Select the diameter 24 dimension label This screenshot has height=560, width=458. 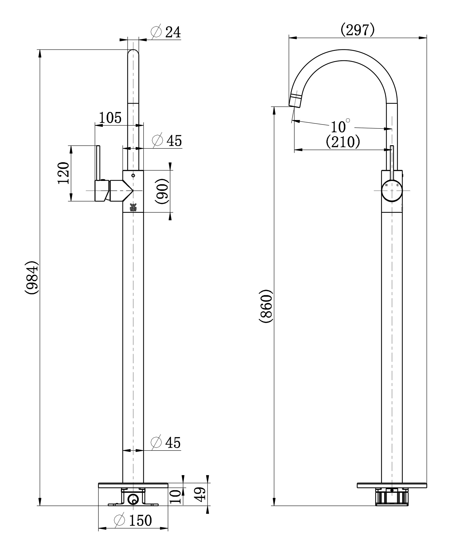pos(166,32)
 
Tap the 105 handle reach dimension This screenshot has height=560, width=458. pos(111,118)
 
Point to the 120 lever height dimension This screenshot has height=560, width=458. pos(63,173)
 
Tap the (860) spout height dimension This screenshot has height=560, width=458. pos(265,307)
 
